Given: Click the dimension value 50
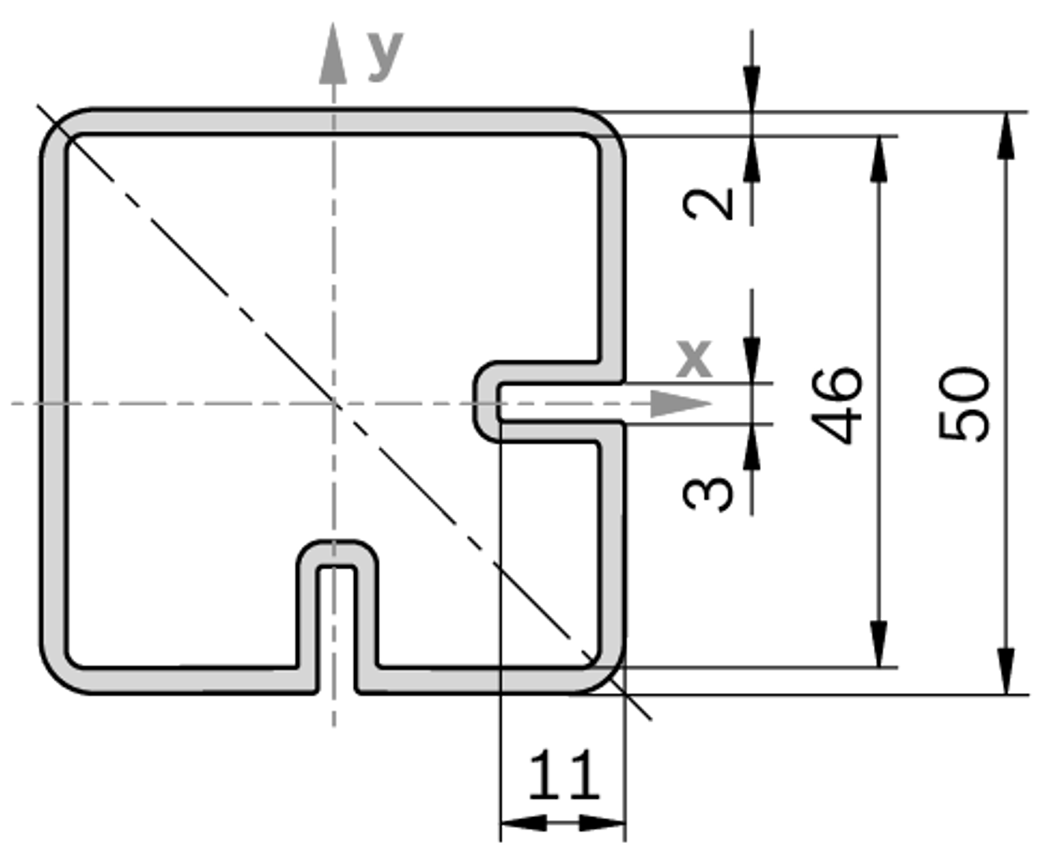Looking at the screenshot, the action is pyautogui.click(x=963, y=404).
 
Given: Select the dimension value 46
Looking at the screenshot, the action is pyautogui.click(x=837, y=406).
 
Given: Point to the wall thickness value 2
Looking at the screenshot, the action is pyautogui.click(x=707, y=204).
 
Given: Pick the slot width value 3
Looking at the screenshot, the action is pyautogui.click(x=707, y=494).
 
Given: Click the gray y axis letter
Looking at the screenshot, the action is pyautogui.click(x=386, y=57).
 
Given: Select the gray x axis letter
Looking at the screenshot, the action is pyautogui.click(x=694, y=359).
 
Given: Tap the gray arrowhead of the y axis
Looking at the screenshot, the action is pyautogui.click(x=333, y=53).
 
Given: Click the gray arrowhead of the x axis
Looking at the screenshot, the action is pyautogui.click(x=681, y=404).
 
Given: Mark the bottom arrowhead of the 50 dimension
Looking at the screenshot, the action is pyautogui.click(x=1006, y=671).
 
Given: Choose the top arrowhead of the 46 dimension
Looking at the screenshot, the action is pyautogui.click(x=879, y=159).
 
